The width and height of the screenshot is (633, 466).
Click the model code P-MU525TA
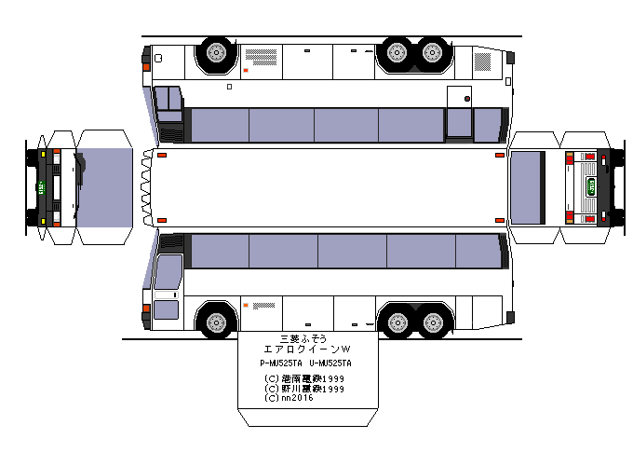pos(283,363)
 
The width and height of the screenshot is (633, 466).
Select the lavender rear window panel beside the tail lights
pos(527,187)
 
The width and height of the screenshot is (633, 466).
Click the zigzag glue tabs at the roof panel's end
pos(147,186)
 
